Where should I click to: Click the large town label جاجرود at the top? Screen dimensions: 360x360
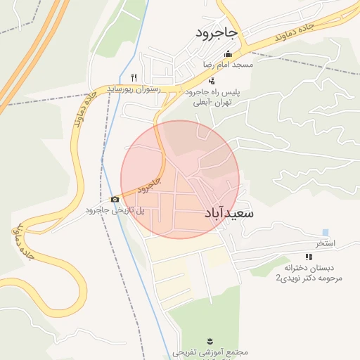(217, 33)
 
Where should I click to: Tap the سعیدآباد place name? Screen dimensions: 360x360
(229, 212)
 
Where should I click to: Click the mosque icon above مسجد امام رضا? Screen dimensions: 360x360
(227, 54)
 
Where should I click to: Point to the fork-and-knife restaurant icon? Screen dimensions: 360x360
(134, 78)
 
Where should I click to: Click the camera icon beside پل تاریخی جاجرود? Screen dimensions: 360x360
(115, 200)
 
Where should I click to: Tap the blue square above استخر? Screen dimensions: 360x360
(325, 233)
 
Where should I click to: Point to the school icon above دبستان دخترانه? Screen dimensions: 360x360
(308, 257)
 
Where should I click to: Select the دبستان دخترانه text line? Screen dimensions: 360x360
(308, 269)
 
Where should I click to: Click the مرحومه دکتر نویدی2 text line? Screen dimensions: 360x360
(308, 278)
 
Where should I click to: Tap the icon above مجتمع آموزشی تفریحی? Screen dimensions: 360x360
(209, 340)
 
